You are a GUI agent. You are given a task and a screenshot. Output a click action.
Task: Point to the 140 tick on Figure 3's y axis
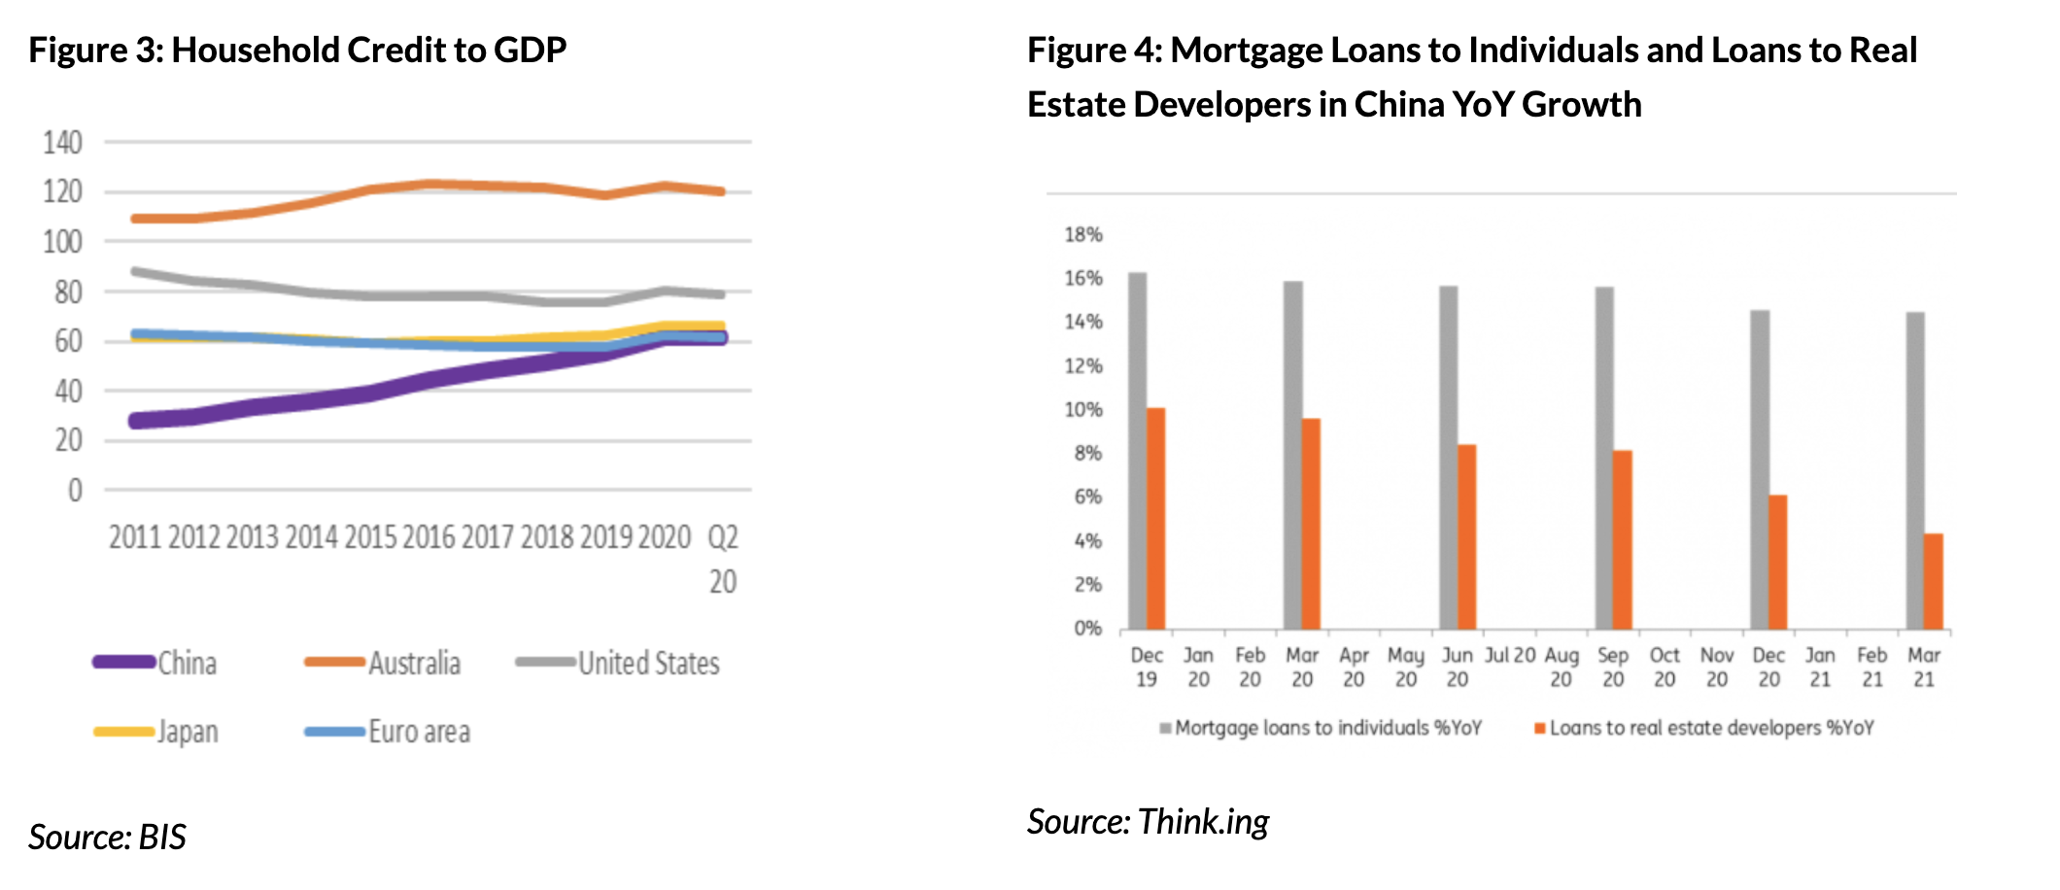click(62, 143)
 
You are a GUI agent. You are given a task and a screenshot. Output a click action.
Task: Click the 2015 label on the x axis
click(370, 537)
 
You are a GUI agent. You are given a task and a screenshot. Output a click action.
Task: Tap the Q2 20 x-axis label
click(722, 559)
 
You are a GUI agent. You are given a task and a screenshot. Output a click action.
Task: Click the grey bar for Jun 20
click(1448, 458)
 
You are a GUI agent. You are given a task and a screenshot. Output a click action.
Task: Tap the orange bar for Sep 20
click(1622, 539)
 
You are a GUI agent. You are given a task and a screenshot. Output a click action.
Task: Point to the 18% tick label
click(1083, 234)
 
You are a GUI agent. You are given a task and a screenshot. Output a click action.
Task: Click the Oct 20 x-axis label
click(1665, 667)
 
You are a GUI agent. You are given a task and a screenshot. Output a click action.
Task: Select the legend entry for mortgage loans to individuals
click(1327, 728)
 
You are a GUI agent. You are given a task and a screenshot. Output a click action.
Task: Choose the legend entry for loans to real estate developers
click(1710, 728)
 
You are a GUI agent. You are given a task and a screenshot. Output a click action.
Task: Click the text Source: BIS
click(107, 837)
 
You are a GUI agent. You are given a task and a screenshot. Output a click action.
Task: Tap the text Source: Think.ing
click(1148, 822)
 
